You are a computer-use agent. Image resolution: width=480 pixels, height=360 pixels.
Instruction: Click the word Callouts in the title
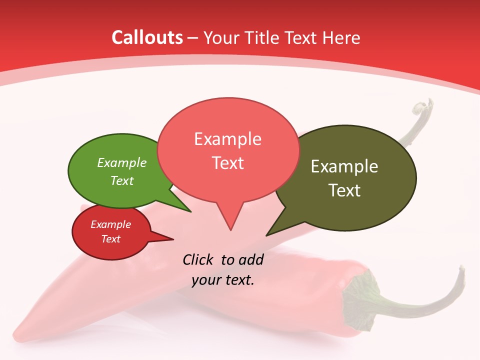147,37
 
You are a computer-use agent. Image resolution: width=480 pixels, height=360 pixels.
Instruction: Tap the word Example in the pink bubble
227,139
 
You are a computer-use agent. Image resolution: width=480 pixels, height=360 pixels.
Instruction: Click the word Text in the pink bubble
227,163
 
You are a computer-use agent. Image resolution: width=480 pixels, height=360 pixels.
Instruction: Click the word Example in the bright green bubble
122,162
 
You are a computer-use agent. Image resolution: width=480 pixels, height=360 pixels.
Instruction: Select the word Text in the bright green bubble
122,180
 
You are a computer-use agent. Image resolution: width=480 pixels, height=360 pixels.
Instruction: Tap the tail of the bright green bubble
182,206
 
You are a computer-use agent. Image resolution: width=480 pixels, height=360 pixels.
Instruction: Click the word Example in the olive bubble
344,166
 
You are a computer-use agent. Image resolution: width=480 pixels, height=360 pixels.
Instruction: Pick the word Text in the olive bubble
344,190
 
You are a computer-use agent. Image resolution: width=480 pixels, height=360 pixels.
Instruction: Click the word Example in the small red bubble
110,224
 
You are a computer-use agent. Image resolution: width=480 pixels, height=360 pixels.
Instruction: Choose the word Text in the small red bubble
110,239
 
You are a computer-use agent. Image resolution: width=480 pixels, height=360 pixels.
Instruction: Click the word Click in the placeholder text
198,259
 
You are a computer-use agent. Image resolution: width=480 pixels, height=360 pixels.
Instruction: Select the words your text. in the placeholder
223,280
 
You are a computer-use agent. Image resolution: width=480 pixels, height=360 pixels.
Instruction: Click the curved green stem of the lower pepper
425,300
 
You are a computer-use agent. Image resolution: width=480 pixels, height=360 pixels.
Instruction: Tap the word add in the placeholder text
250,259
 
